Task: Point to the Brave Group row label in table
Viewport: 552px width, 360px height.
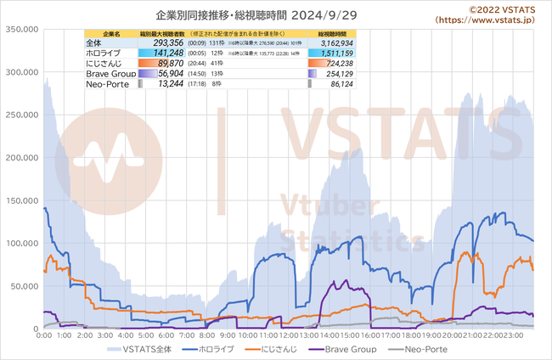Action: tap(109, 74)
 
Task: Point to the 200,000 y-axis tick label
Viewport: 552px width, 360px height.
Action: tap(20, 157)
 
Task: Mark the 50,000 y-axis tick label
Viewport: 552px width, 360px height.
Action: tap(22, 285)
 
